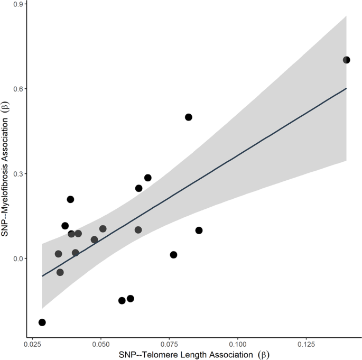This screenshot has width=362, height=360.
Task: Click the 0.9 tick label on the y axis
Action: pyautogui.click(x=17, y=4)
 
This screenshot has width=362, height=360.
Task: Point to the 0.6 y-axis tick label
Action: pyautogui.click(x=17, y=89)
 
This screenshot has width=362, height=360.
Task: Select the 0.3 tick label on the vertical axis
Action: pyautogui.click(x=17, y=174)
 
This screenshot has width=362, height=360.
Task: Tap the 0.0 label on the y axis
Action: pyautogui.click(x=17, y=259)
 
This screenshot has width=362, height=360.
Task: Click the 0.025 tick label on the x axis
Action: pyautogui.click(x=33, y=344)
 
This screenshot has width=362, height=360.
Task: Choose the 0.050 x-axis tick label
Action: pyautogui.click(x=101, y=344)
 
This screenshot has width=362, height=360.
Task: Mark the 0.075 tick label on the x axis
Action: pyautogui.click(x=169, y=344)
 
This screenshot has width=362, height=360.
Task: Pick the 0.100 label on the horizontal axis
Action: pyautogui.click(x=237, y=344)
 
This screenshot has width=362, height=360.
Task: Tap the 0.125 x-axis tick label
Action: pyautogui.click(x=305, y=344)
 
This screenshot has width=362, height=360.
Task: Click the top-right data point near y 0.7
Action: pyautogui.click(x=346, y=60)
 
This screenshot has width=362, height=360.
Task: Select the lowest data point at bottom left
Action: pyautogui.click(x=42, y=322)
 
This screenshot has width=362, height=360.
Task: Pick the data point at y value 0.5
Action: pyautogui.click(x=188, y=117)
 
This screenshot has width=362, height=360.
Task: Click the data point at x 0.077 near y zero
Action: pyautogui.click(x=173, y=255)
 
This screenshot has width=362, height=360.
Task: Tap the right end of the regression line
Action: pyautogui.click(x=346, y=88)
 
